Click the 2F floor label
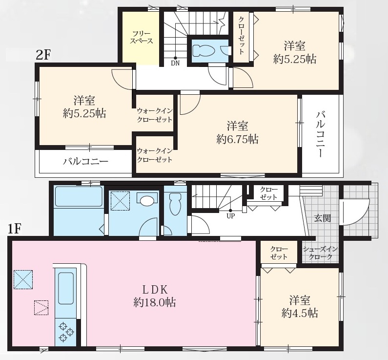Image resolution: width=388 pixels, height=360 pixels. (x=43, y=55)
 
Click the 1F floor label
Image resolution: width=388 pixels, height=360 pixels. (x=15, y=229)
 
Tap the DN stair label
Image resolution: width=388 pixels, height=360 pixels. (x=175, y=63)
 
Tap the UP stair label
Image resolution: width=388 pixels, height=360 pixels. (x=231, y=216)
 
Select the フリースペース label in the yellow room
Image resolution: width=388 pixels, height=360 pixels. (x=142, y=38)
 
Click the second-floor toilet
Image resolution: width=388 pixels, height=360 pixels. (x=203, y=51)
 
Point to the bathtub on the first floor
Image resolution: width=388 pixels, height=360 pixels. (x=79, y=196)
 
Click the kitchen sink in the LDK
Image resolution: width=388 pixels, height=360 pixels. (x=66, y=288)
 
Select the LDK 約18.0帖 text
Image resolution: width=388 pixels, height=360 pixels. (x=155, y=296)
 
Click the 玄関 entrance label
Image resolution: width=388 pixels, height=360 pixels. (x=323, y=218)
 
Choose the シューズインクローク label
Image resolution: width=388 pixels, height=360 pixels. (x=320, y=253)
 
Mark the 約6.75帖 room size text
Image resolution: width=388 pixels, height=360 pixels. (x=237, y=139)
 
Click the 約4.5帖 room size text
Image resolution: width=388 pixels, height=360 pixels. (x=299, y=314)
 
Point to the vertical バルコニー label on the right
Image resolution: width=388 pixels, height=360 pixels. (x=320, y=134)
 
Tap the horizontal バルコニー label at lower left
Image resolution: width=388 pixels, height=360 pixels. (x=85, y=162)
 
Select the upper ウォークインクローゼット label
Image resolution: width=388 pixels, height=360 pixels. (x=154, y=115)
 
